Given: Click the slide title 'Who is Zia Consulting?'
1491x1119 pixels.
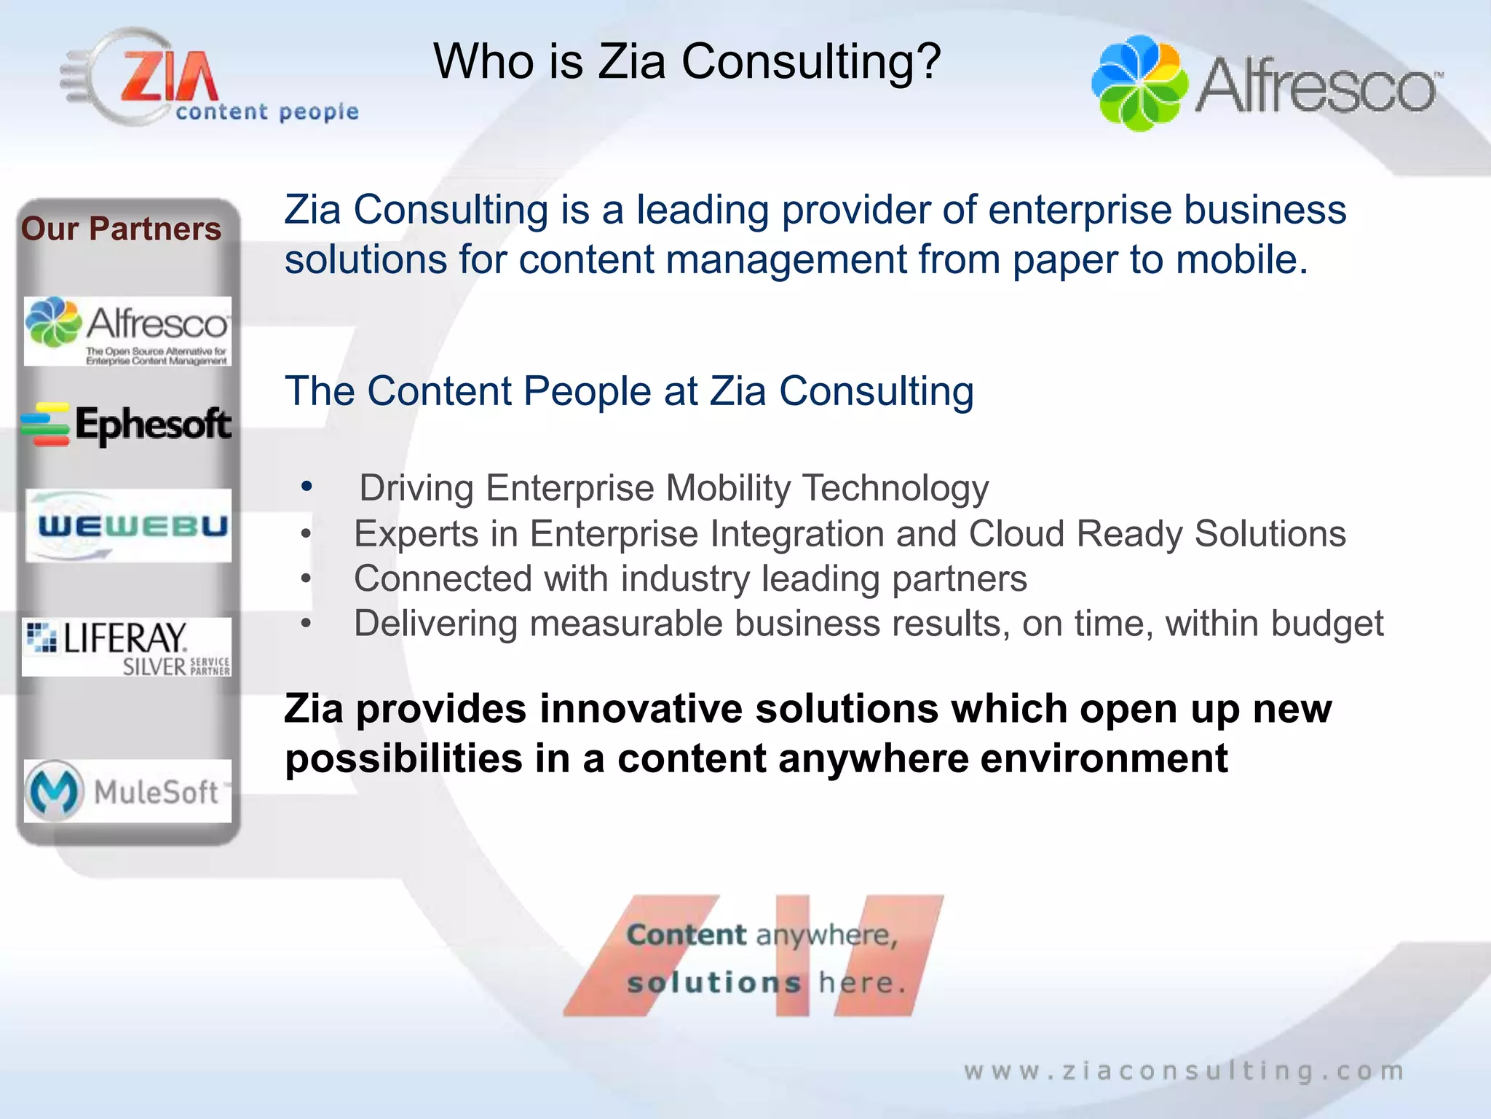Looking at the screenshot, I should point(687,61).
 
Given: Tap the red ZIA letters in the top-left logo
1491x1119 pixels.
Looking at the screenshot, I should point(169,76).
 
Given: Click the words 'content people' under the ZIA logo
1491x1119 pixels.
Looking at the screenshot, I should point(267,111).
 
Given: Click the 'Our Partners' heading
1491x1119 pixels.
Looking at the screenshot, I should point(121,229).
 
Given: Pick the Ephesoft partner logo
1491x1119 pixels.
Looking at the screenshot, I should point(127,425).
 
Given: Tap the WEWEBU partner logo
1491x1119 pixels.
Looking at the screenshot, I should point(129,526).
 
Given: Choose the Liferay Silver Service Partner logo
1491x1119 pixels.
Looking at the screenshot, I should point(127,647).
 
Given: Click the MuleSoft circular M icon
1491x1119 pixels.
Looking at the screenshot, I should point(53,791).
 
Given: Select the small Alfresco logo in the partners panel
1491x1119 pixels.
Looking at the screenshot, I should point(127,331).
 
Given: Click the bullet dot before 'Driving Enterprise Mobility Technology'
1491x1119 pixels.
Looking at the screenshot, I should point(306,487).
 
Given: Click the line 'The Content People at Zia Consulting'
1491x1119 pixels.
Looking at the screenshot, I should point(629,391).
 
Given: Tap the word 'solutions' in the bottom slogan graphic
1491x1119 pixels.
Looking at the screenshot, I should point(713,983).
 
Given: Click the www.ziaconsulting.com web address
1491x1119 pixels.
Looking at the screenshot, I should point(1184,1071).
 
